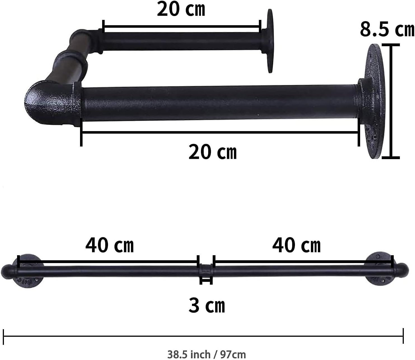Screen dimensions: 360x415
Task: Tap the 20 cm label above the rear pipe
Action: [181, 9]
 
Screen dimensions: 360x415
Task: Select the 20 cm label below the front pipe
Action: [213, 152]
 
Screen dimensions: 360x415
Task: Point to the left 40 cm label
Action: [110, 245]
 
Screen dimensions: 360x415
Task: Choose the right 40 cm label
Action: [296, 245]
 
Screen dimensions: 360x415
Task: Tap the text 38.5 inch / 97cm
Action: [207, 354]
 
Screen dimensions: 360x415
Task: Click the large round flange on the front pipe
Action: [374, 101]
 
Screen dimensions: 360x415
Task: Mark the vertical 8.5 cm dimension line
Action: [391, 101]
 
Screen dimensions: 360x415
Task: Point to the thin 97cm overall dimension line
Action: [203, 336]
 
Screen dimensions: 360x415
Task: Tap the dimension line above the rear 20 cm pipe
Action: [182, 27]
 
